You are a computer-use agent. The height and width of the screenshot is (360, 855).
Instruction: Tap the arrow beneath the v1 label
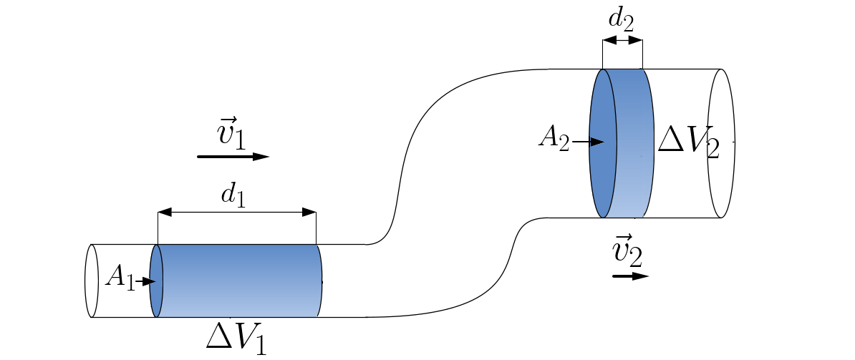233,156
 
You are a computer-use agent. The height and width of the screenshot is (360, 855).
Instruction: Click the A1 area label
119,277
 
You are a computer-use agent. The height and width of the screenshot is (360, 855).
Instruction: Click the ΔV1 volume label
236,336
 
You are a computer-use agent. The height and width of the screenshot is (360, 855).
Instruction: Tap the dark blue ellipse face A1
157,281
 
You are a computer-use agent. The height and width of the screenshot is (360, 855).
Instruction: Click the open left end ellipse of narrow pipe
91,281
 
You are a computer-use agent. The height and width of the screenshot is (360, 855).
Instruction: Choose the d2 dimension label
621,19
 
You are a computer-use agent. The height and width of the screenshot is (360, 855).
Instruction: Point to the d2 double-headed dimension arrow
622,41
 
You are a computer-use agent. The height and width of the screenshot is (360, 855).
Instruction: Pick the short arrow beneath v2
630,276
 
